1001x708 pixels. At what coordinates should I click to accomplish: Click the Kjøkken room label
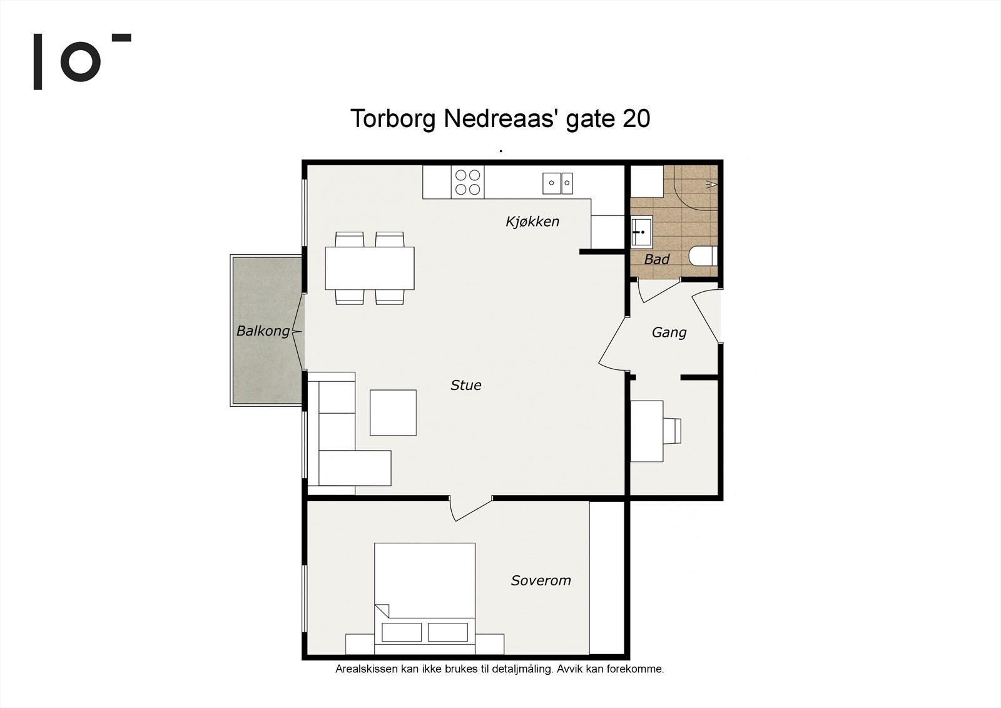coord(532,222)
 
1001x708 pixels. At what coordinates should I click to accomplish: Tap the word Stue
coord(466,386)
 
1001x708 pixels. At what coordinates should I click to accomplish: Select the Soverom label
coord(541,580)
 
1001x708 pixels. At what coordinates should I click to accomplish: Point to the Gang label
coord(669,332)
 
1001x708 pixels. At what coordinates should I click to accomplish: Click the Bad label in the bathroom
coord(657,259)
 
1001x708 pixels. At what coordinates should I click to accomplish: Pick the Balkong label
coord(263,331)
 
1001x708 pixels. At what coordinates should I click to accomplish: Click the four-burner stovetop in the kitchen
coord(468,182)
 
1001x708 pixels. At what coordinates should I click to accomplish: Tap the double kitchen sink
coord(557,183)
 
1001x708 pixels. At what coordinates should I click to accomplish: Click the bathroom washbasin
coord(641,232)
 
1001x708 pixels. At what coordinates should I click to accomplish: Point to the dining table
coord(370,268)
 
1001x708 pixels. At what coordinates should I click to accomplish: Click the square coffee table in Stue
coord(393,413)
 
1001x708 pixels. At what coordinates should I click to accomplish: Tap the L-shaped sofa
coord(341,451)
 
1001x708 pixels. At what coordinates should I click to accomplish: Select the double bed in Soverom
coord(425,595)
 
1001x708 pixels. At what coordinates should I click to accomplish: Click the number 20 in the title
coord(636,118)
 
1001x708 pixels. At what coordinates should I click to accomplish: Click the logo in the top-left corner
coord(81,61)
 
